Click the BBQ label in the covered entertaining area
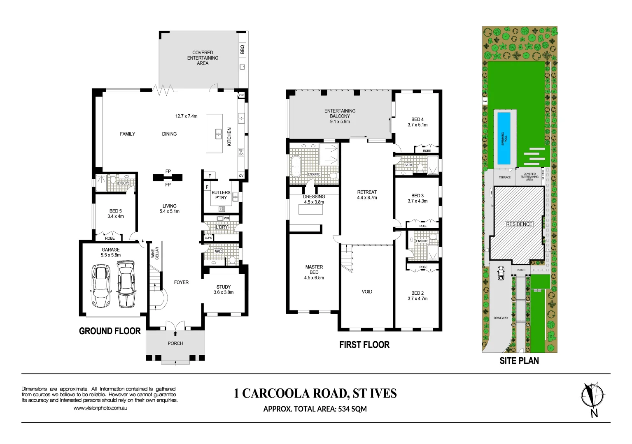(x=242, y=49)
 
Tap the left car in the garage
(x=101, y=286)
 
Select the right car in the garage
(x=126, y=284)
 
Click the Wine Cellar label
(x=155, y=253)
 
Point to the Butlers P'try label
(x=221, y=195)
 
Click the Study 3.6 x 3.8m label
(x=224, y=290)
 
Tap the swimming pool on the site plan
(x=504, y=138)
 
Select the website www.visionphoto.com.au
(x=100, y=408)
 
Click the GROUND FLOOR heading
(x=110, y=331)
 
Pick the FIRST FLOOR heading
(x=364, y=345)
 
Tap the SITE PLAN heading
(x=519, y=361)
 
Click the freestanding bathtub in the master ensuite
(x=295, y=166)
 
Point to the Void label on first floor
(x=367, y=292)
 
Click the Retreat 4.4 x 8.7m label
(x=367, y=195)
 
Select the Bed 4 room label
(x=417, y=122)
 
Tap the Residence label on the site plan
(x=519, y=224)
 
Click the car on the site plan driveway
(x=501, y=273)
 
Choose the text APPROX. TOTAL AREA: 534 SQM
(x=315, y=409)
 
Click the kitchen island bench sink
(x=219, y=134)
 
